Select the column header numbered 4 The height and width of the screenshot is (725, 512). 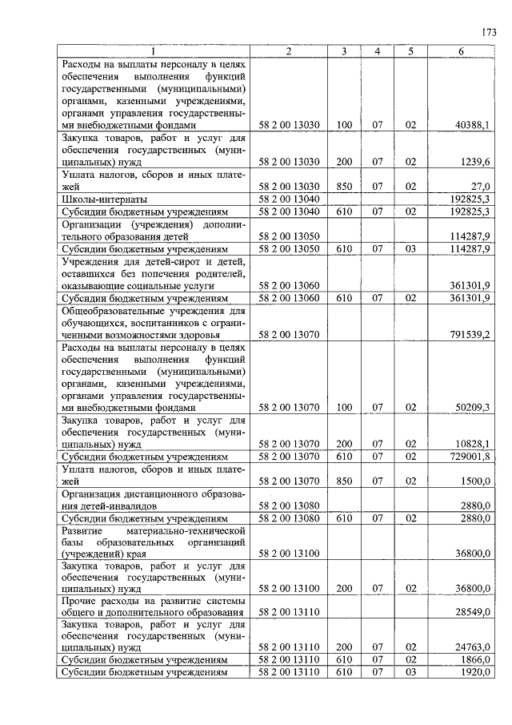[378, 52]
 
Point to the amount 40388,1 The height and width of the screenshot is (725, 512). [472, 125]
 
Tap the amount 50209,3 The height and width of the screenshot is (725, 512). [472, 407]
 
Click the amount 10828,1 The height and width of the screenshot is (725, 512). [472, 444]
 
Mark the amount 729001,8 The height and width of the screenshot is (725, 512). [470, 456]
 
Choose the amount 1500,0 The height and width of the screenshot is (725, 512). [475, 481]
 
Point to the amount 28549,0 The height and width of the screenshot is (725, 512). [472, 612]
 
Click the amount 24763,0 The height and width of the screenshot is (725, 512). [472, 648]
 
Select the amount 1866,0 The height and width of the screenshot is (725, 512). [475, 660]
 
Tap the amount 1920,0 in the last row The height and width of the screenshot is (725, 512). [475, 672]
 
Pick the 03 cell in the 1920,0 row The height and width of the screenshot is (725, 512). [410, 672]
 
